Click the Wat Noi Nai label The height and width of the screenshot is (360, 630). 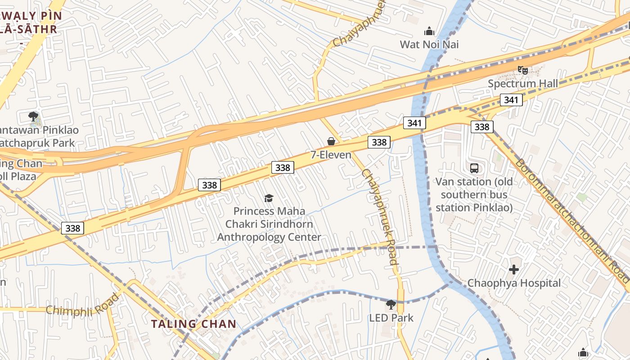click(x=429, y=45)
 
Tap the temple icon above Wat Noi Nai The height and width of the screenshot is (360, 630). click(x=429, y=31)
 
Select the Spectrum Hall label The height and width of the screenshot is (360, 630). click(x=523, y=84)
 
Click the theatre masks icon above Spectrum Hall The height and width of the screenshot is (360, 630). click(x=522, y=70)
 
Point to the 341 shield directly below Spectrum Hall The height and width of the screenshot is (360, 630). click(x=511, y=100)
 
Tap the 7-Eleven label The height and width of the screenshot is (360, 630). click(x=331, y=155)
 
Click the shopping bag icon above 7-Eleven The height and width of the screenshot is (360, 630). click(x=331, y=141)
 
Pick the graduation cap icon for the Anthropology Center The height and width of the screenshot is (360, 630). click(x=269, y=198)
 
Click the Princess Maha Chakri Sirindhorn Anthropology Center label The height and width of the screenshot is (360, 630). click(x=269, y=224)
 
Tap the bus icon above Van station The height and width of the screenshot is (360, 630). click(x=474, y=168)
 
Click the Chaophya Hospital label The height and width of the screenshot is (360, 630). click(x=514, y=283)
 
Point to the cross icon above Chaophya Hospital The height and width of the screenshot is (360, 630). click(x=514, y=270)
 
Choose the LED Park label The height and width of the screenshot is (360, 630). click(x=391, y=318)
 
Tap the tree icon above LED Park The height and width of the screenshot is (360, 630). click(x=391, y=305)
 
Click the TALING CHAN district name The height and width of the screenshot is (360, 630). click(x=193, y=324)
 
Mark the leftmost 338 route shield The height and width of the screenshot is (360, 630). click(x=73, y=228)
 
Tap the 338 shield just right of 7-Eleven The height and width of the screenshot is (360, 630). click(x=379, y=142)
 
